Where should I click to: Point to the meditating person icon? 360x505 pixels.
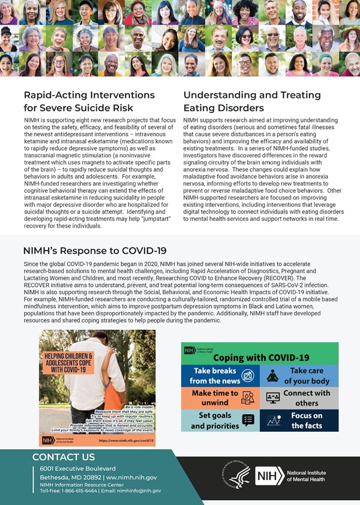click(272, 376)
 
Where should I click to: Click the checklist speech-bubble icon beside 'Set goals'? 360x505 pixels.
click(248, 420)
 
